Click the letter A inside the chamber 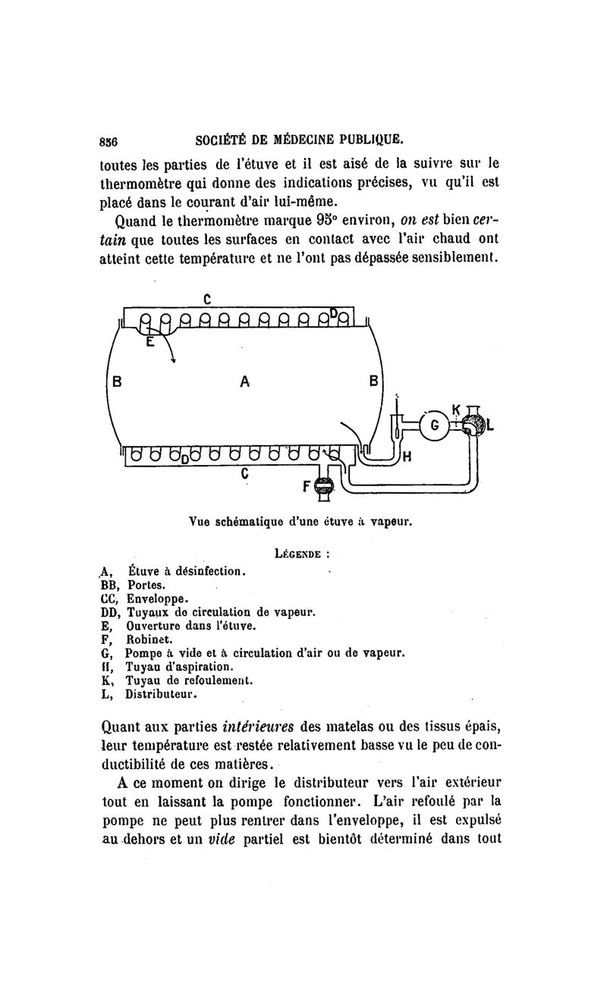point(244,383)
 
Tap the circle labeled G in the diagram point(435,425)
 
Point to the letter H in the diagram point(407,457)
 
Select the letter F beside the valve point(308,487)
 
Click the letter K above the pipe point(456,410)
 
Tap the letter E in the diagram point(149,343)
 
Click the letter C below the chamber point(244,473)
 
